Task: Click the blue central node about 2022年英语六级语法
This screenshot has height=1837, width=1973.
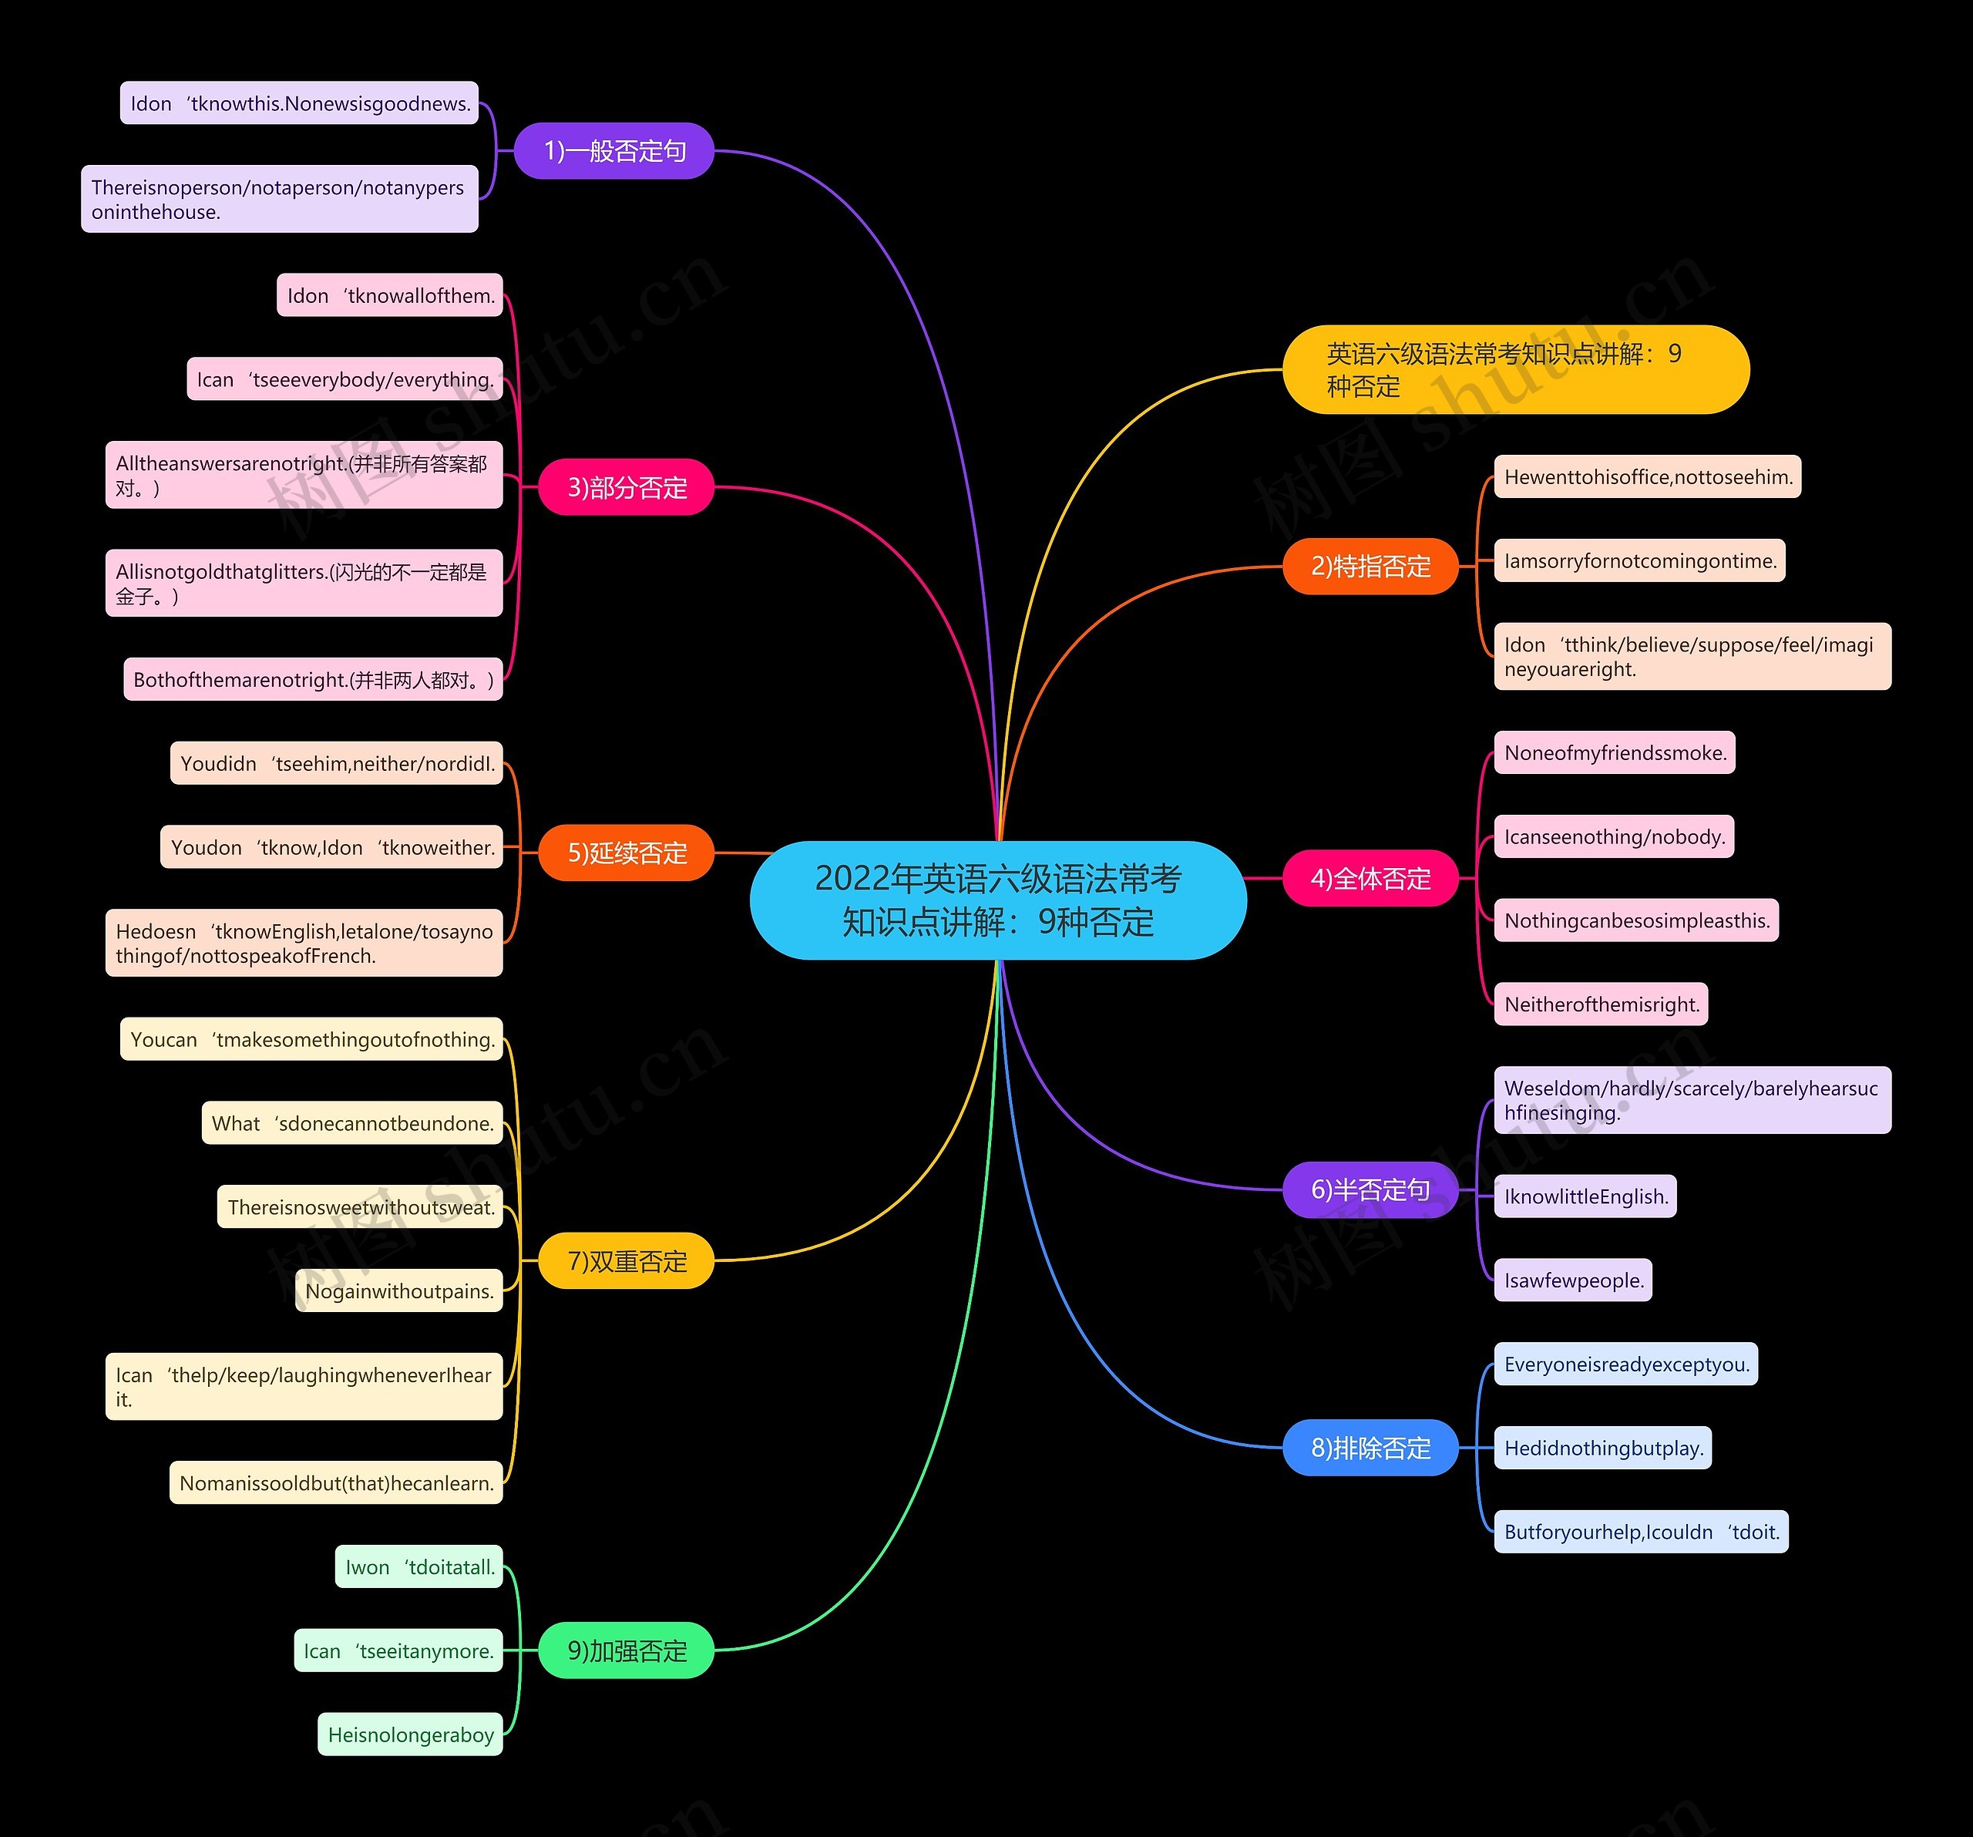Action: (x=997, y=900)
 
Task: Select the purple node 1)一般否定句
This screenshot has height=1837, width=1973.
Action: (x=614, y=151)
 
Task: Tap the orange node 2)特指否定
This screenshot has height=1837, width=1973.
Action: (x=1370, y=567)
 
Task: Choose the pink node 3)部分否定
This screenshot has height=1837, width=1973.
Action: (x=627, y=487)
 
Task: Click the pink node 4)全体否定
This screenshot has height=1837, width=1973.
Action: (x=1370, y=878)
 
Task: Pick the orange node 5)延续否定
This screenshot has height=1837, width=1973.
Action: (x=627, y=853)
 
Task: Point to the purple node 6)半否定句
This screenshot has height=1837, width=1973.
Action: (x=1370, y=1190)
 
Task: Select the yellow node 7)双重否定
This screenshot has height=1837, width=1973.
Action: (x=627, y=1260)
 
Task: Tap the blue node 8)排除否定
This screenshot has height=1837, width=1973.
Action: (x=1370, y=1448)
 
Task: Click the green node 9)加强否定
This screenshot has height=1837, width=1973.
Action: (x=627, y=1650)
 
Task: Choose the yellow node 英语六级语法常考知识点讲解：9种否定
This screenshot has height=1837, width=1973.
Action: (x=1515, y=369)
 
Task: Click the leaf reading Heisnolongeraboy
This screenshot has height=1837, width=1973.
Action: (x=410, y=1734)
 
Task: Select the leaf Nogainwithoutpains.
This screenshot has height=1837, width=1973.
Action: (x=399, y=1291)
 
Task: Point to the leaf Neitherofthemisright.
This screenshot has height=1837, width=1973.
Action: (x=1601, y=1004)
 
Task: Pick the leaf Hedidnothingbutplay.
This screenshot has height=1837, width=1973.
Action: (x=1603, y=1448)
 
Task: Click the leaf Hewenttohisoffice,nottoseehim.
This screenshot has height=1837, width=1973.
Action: (x=1648, y=476)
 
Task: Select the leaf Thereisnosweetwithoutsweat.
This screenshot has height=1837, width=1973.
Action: (x=360, y=1206)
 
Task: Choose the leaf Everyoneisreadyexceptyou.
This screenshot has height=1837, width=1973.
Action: (x=1625, y=1364)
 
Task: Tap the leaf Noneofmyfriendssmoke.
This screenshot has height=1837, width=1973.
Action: (x=1615, y=752)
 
